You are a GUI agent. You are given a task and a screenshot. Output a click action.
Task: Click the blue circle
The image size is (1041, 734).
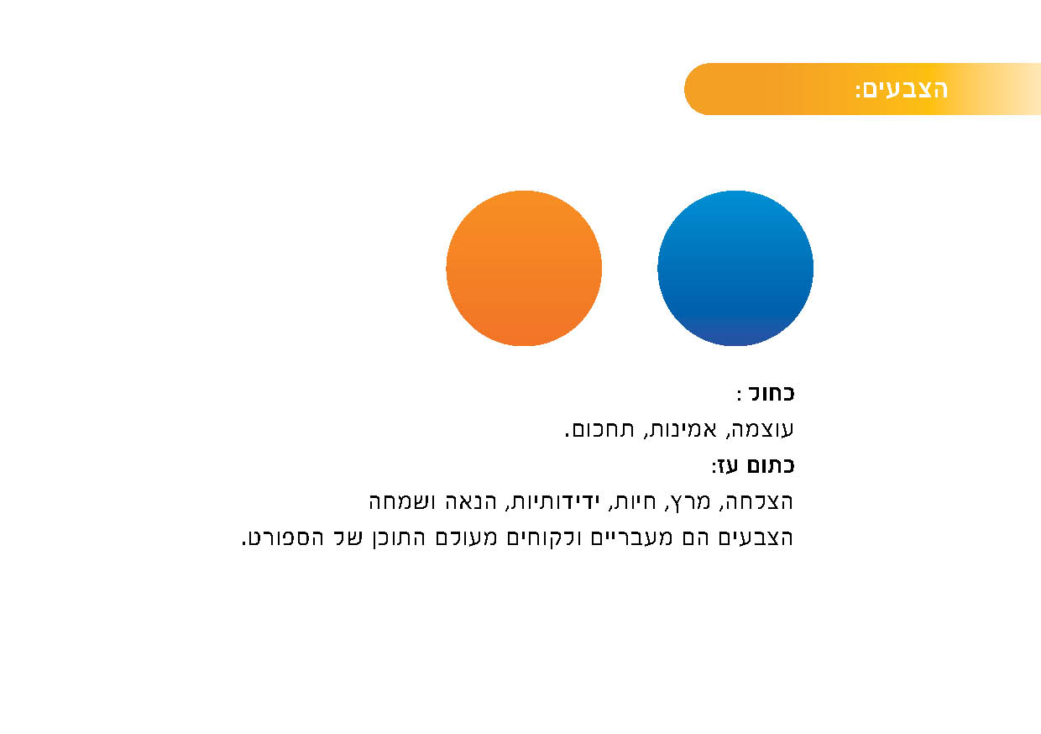(735, 268)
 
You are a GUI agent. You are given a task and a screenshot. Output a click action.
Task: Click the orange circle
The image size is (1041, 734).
(524, 268)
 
